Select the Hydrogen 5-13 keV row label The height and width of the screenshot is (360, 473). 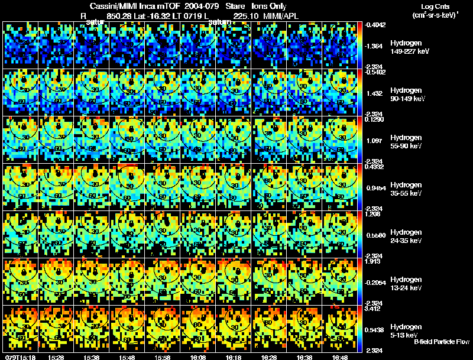[406, 331]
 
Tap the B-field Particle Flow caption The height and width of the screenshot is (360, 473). [442, 342]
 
